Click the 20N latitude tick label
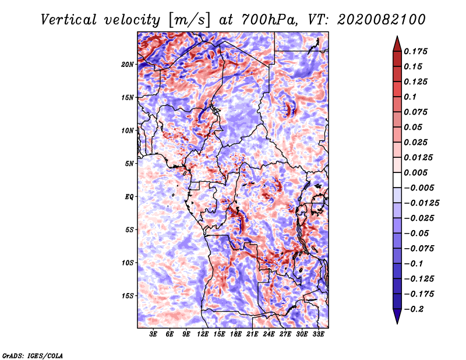[x=128, y=64]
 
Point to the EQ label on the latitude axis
[x=129, y=196]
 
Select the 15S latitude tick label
[x=128, y=295]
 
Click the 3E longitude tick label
[x=154, y=334]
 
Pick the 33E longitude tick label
[x=319, y=334]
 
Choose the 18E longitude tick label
[x=236, y=334]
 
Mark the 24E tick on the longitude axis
[x=269, y=334]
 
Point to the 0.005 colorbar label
[x=417, y=172]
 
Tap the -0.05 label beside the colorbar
[x=416, y=233]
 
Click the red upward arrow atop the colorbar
[x=397, y=42]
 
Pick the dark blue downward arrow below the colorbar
[x=397, y=317]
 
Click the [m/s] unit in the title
[x=188, y=19]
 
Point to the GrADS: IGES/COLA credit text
[x=33, y=355]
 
